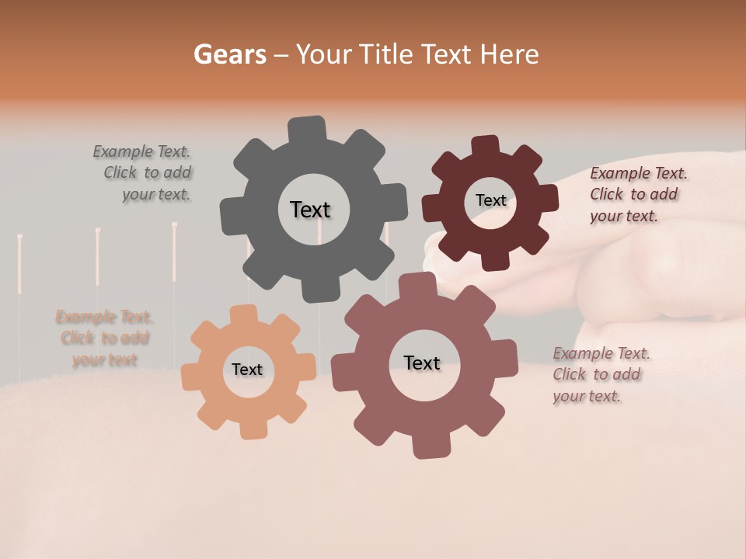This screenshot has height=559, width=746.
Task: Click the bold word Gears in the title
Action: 230,54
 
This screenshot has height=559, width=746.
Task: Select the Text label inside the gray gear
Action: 310,210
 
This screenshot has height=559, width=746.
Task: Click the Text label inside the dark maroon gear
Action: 490,200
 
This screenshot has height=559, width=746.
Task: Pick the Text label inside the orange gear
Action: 247,370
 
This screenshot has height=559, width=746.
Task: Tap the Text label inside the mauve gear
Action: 422,363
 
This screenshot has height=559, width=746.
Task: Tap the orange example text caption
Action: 104,339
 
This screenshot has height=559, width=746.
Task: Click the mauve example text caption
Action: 600,374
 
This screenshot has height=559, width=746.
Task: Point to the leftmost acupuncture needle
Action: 19,264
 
